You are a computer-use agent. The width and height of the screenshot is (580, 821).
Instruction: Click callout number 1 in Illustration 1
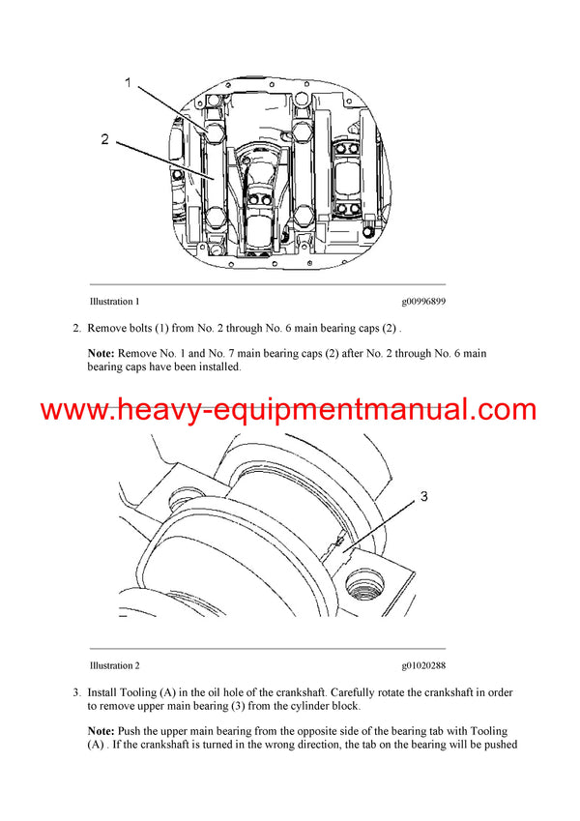(128, 84)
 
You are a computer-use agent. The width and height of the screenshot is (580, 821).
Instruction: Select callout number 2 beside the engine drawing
(104, 139)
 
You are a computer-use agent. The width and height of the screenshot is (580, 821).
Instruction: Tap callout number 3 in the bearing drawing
(424, 497)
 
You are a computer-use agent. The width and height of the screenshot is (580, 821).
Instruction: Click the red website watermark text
(289, 410)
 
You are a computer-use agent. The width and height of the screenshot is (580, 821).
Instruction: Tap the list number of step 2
(77, 330)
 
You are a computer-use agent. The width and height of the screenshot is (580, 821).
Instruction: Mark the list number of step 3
(77, 693)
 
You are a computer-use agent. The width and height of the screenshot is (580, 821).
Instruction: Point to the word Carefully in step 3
(343, 693)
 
